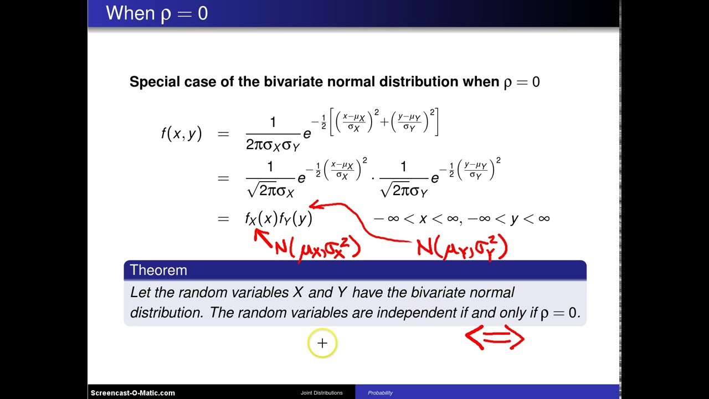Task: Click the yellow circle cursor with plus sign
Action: [322, 344]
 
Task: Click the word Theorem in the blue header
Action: [158, 270]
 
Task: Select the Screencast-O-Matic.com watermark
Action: [133, 393]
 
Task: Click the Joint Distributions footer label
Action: [321, 393]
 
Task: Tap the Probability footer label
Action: [380, 393]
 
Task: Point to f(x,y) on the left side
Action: [181, 134]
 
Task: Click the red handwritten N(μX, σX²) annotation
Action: [318, 247]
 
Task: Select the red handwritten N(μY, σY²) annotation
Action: [462, 247]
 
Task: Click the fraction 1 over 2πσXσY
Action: [272, 134]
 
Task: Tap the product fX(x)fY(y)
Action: [279, 218]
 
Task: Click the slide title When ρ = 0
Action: [157, 13]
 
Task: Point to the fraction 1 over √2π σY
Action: [404, 178]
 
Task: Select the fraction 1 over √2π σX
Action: [270, 178]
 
